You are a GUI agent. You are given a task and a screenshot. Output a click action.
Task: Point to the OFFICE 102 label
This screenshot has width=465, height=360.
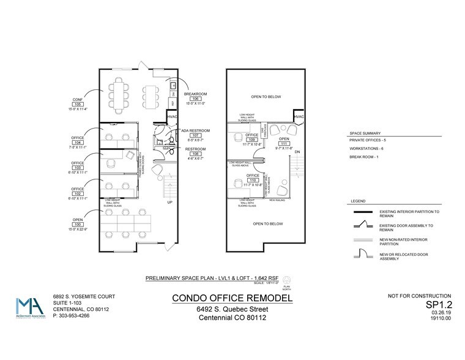[x=78, y=193]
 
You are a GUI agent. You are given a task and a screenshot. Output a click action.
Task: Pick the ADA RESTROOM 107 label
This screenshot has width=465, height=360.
[x=196, y=134]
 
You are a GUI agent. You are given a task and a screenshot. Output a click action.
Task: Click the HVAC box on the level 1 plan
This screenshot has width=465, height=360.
[x=173, y=117]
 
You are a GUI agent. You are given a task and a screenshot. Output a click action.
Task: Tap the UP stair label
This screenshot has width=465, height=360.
[x=169, y=201]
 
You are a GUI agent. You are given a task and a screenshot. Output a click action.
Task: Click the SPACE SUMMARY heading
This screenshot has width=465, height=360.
[x=365, y=133]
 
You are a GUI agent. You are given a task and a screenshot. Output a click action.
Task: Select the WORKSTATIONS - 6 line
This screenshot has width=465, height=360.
[x=368, y=149]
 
